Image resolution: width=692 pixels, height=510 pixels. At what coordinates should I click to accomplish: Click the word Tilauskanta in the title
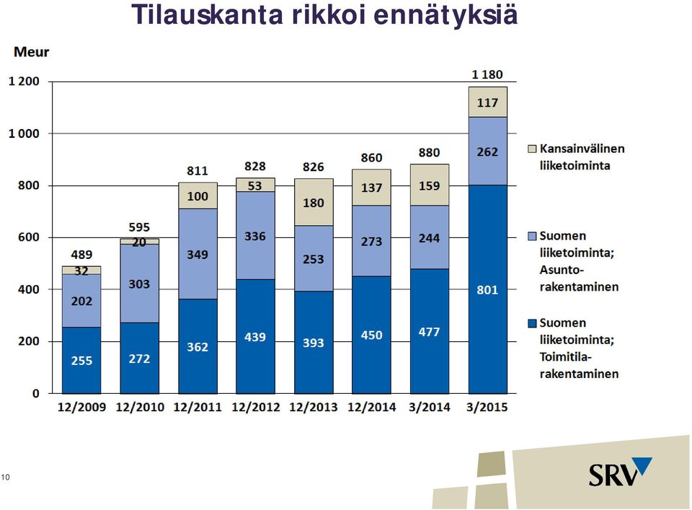point(207,14)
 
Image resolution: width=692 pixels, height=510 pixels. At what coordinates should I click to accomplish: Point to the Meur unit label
point(31,52)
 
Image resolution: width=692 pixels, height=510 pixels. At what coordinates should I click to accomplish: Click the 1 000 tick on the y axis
point(25,133)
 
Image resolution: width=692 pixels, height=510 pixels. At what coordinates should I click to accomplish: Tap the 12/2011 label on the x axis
point(198,407)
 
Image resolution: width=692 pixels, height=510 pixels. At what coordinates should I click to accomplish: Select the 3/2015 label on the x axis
point(487,407)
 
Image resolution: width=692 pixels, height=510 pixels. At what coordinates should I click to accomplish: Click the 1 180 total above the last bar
point(487,74)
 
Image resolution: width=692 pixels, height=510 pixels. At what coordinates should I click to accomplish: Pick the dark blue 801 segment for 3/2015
point(488,289)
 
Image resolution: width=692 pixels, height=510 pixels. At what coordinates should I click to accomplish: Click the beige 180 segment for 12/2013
point(314,202)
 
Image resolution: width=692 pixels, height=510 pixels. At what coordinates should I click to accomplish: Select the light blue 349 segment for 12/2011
point(198,254)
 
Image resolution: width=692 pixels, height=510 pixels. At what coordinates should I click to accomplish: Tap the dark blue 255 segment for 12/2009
point(81,360)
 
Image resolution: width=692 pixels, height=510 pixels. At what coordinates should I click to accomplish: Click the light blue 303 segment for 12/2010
point(139,283)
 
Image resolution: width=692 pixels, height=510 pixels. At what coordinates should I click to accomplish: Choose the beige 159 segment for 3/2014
point(430,185)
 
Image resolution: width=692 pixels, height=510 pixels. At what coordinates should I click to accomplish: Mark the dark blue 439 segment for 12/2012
point(255,336)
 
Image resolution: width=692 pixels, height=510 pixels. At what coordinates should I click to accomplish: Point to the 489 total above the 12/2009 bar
point(81,255)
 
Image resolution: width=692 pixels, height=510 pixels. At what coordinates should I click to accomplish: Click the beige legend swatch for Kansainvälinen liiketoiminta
point(532,149)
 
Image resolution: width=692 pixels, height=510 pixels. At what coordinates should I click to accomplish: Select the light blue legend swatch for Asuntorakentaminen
point(532,236)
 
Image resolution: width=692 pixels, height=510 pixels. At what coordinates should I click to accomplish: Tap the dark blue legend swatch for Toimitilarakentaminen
point(532,323)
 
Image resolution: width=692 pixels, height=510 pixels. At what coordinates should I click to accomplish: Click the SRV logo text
point(613,475)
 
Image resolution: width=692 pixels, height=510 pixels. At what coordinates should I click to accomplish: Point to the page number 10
point(5,477)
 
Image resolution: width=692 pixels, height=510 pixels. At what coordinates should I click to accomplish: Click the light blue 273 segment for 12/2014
point(372,241)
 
